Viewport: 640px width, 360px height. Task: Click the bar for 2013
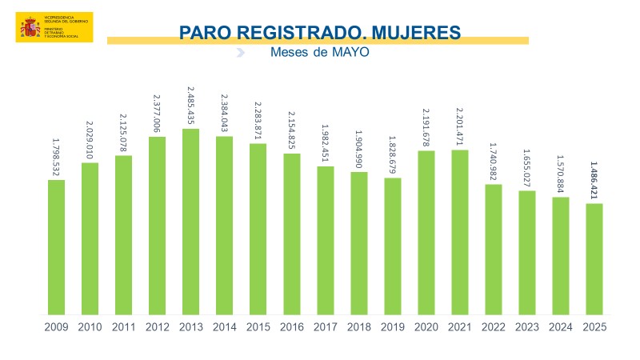190,222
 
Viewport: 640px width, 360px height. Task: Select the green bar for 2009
56,247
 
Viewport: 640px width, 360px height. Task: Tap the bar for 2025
594,259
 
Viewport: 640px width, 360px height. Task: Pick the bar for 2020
426,232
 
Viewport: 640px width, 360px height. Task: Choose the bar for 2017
326,241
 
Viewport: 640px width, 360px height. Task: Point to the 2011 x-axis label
123,327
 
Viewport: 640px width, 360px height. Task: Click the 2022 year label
494,327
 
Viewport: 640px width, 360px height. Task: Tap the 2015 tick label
258,327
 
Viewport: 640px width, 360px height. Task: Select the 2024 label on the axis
561,327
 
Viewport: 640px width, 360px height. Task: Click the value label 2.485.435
190,105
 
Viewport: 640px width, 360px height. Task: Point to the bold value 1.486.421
594,181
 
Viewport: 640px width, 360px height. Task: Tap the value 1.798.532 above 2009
56,157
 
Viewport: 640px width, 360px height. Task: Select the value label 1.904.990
359,148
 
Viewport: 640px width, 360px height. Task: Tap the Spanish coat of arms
30,28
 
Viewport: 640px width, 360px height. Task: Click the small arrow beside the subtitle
240,53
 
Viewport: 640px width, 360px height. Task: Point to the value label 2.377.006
157,114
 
